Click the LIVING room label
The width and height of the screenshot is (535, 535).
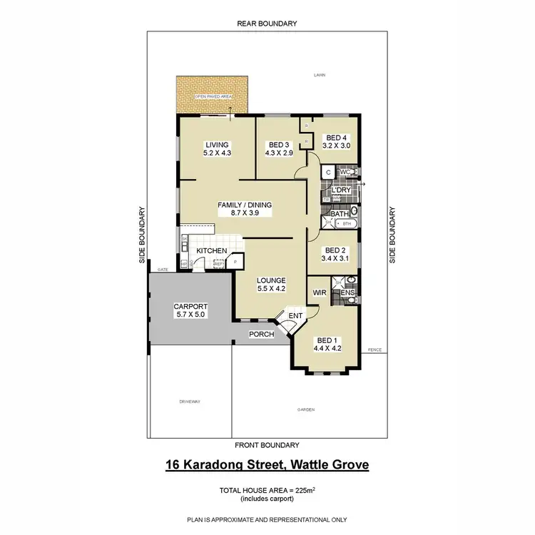(x=216, y=145)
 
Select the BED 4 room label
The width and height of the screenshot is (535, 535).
(x=335, y=138)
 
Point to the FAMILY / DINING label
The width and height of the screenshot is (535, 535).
(x=245, y=205)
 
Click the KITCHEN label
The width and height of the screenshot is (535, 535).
(x=212, y=251)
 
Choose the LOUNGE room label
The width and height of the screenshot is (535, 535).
(x=271, y=280)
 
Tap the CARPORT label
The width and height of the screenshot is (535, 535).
(x=190, y=307)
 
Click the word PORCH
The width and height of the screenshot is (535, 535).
(x=261, y=334)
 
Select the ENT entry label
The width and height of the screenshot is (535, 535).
(x=296, y=315)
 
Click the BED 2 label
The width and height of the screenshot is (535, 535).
(x=335, y=250)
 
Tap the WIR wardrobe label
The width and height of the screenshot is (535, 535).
(x=320, y=292)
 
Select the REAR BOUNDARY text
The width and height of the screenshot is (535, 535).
(x=267, y=24)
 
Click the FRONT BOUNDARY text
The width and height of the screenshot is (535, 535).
(x=267, y=446)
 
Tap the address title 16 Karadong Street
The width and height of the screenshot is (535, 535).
(x=267, y=466)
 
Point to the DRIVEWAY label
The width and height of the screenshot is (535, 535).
(x=190, y=402)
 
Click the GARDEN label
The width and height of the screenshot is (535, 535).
(x=307, y=409)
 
